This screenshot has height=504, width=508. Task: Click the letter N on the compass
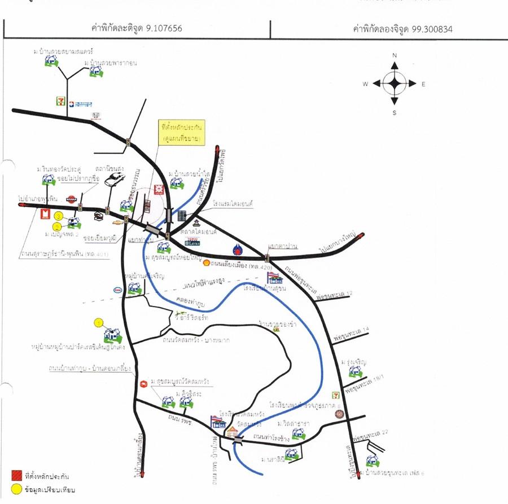click(395, 55)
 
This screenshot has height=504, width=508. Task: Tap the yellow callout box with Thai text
click(182, 132)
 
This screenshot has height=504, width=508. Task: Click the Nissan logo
click(71, 199)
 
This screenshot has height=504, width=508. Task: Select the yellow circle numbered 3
click(58, 216)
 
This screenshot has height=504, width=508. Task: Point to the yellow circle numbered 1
click(99, 323)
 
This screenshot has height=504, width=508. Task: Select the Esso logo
click(117, 290)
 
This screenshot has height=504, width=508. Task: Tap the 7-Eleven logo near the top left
click(59, 101)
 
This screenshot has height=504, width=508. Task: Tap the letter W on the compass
click(366, 84)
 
